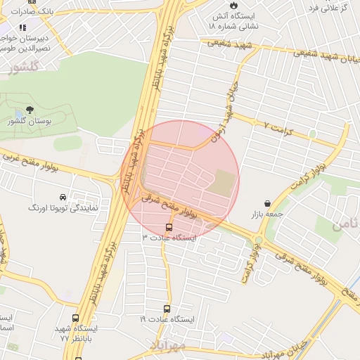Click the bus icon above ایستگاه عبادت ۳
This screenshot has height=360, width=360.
[x=169, y=227]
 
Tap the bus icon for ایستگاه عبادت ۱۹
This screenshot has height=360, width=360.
[x=167, y=309]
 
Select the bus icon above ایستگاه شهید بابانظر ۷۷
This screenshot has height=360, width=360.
[x=76, y=318]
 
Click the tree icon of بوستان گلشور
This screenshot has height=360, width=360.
[x=30, y=110]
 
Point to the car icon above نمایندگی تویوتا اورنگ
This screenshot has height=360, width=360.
[x=64, y=197]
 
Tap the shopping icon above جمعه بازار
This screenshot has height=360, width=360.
[x=267, y=202]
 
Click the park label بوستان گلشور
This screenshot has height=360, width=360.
[x=30, y=122]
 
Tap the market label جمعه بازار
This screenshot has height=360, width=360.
[x=267, y=213]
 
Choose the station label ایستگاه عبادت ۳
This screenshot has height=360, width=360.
[x=170, y=238]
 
